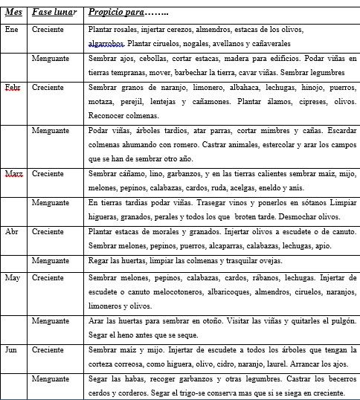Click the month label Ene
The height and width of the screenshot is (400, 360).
pos(12,29)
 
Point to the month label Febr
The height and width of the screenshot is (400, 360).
pos(13,87)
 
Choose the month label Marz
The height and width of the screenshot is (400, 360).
pos(13,173)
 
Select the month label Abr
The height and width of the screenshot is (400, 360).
pos(12,231)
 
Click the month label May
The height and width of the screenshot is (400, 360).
pos(13,277)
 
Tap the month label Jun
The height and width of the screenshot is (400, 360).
pos(12,348)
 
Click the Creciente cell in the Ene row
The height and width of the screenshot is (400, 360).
pos(48,29)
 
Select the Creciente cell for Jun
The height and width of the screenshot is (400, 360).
pos(48,348)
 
